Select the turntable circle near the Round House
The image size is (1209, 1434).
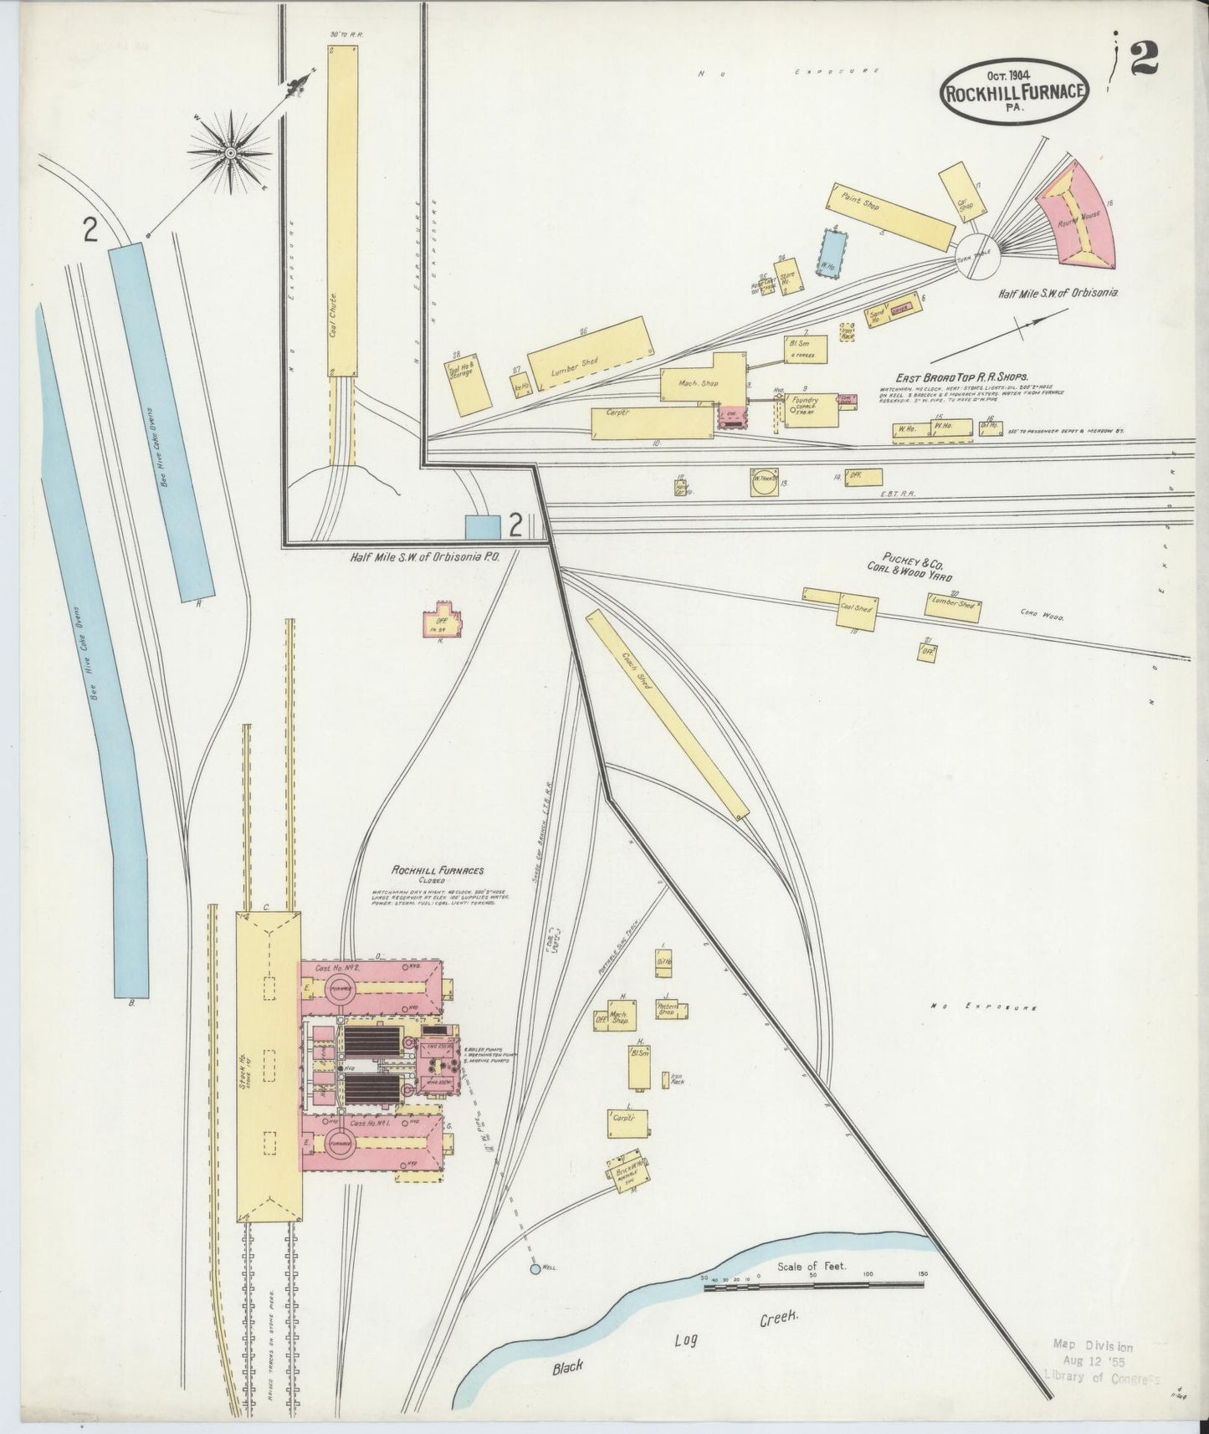point(976,255)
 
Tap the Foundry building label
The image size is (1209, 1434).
point(804,401)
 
